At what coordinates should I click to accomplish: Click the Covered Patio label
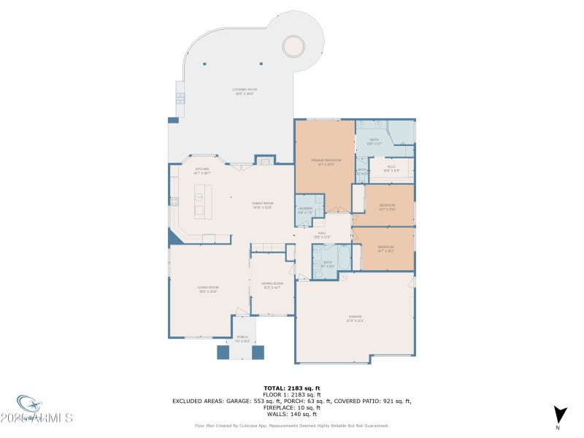245,91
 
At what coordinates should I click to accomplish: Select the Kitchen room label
201,171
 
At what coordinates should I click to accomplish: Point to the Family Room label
262,205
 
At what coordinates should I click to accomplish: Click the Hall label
322,235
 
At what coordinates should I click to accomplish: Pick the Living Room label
208,289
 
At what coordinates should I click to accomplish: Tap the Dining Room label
272,285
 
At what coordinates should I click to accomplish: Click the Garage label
356,318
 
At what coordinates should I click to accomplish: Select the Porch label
242,339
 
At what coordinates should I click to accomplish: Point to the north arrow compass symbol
559,415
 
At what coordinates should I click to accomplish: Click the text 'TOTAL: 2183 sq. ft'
292,388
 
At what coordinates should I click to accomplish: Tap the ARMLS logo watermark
44,413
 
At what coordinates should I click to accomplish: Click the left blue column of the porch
223,352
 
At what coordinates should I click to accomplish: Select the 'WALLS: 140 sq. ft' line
292,413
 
